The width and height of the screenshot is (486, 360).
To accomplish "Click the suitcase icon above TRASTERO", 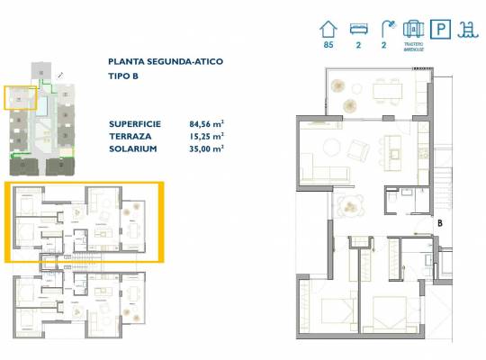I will point(414,28).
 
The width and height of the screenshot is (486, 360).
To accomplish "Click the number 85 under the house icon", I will point(328,45).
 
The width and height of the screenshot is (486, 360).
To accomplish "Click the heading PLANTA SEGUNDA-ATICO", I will point(165,61).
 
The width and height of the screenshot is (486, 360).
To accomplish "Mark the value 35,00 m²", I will point(206,148).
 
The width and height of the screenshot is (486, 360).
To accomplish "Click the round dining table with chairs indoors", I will point(346,207).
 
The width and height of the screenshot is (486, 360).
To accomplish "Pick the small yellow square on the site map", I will point(21,96).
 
